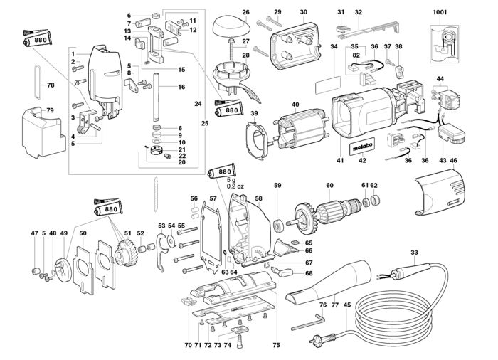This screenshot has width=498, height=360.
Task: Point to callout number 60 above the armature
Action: (x=329, y=186)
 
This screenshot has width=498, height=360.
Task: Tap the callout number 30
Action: (x=303, y=12)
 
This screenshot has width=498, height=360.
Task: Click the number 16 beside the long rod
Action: (x=182, y=87)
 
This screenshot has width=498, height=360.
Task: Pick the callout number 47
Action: (x=33, y=233)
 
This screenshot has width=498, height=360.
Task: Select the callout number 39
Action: (x=254, y=114)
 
